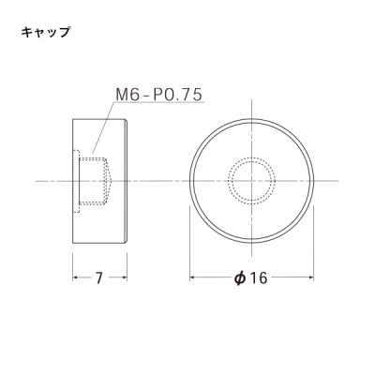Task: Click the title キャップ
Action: coord(45,32)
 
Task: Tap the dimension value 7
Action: coord(99,277)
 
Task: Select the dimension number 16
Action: coord(259,277)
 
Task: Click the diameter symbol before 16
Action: coord(240,277)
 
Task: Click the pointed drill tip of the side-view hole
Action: coord(112,181)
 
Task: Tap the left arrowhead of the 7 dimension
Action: coord(75,277)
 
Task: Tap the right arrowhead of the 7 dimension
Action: coord(125,277)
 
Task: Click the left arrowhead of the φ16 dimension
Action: coord(192,277)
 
